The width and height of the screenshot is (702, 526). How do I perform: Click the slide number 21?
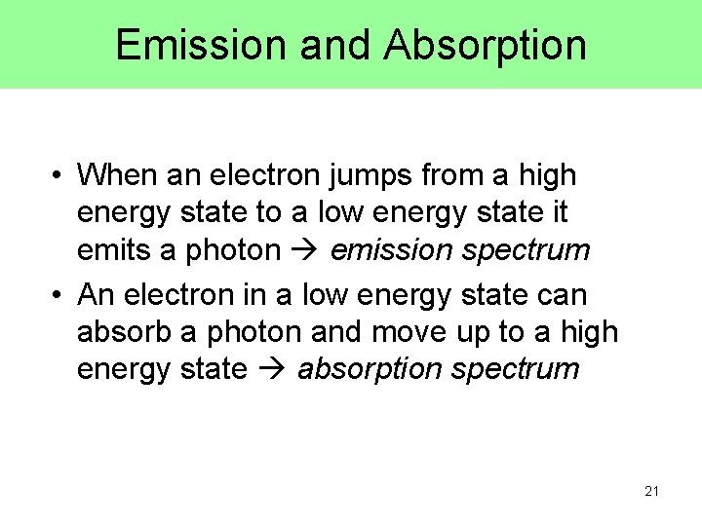(x=651, y=492)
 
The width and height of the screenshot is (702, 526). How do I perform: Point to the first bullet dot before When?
(x=58, y=176)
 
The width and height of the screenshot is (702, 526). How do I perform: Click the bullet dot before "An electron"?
(x=58, y=294)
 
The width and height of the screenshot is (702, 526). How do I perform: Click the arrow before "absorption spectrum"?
(x=274, y=370)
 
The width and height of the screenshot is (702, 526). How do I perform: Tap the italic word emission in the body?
(x=391, y=250)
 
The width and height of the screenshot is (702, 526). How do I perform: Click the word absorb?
(x=125, y=331)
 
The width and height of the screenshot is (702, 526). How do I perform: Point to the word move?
(x=410, y=332)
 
